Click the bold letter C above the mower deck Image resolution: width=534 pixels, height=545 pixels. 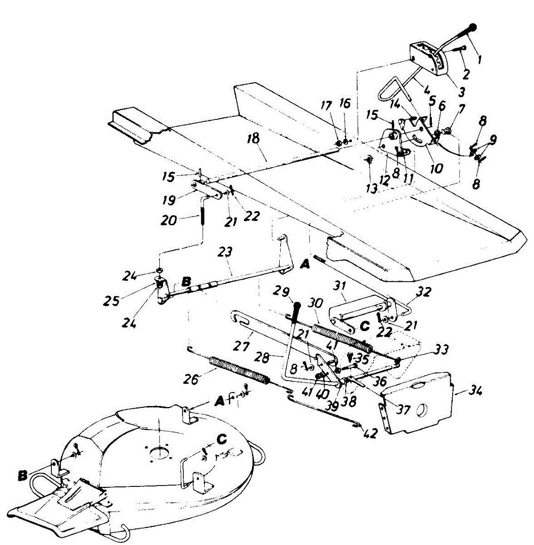pyautogui.click(x=222, y=439)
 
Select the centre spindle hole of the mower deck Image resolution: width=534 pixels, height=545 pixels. pyautogui.click(x=159, y=453)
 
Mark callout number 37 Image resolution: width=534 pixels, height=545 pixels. pyautogui.click(x=403, y=410)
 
